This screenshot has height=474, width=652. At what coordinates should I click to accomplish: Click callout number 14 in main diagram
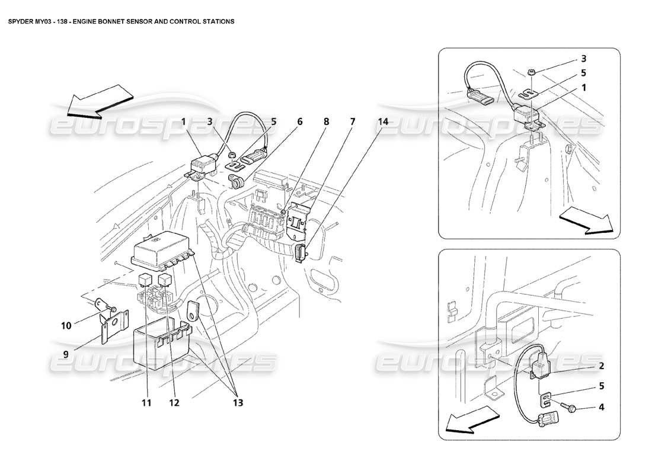click(x=383, y=121)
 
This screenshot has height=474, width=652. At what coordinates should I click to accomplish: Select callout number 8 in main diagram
click(x=325, y=121)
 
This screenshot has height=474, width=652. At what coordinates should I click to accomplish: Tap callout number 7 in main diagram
click(x=352, y=121)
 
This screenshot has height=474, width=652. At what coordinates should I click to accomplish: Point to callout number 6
click(x=300, y=121)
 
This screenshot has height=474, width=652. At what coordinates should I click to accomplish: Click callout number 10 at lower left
click(x=66, y=325)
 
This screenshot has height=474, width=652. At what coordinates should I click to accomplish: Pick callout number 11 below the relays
click(x=146, y=403)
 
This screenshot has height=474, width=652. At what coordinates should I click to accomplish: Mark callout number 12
click(x=173, y=403)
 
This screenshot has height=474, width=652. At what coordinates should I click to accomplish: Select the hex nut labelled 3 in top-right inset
click(x=531, y=72)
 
